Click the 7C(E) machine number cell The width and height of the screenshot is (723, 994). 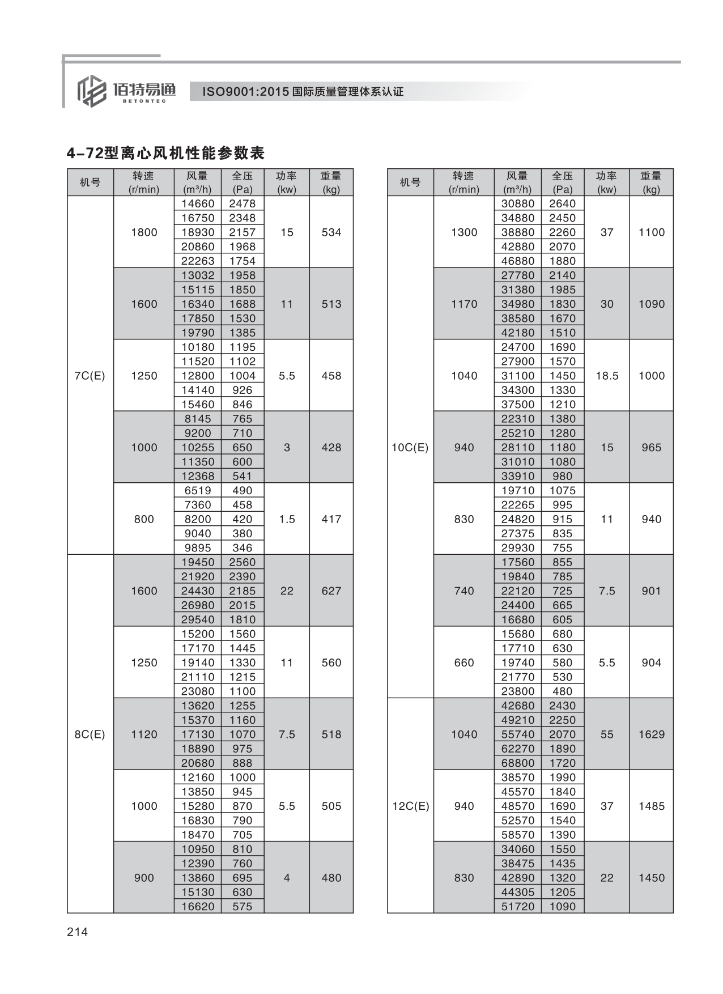(90, 376)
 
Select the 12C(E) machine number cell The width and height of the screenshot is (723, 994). (410, 806)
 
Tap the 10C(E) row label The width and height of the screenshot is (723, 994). (410, 448)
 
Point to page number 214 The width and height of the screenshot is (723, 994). (78, 932)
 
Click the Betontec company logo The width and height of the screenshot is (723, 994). (126, 91)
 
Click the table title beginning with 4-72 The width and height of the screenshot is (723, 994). (166, 153)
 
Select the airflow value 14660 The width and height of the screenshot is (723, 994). (198, 203)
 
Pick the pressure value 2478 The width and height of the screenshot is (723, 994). (243, 203)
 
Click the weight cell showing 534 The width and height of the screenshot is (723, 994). (331, 232)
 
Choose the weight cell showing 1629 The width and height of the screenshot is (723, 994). (652, 734)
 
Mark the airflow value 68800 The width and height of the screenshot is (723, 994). (518, 763)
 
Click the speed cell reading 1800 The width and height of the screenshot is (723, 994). (144, 232)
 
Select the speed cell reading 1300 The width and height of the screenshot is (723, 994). (464, 232)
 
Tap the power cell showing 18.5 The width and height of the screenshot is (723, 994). (607, 376)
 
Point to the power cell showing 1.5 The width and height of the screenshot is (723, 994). (287, 519)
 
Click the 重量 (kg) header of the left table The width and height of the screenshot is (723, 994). (331, 182)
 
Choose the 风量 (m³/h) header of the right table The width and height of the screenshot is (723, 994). (518, 182)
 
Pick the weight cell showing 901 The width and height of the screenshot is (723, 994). (652, 591)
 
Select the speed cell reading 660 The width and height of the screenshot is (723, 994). (464, 662)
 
